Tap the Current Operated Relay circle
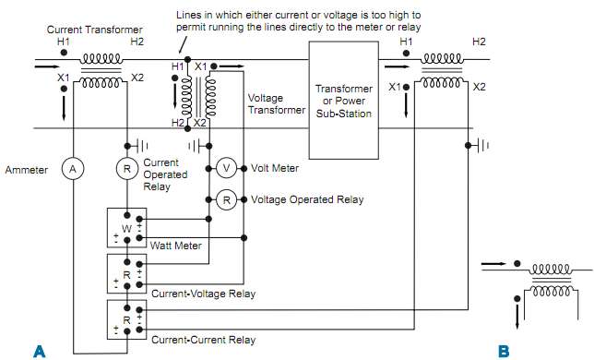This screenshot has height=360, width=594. pyautogui.click(x=127, y=170)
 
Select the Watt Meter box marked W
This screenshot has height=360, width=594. pyautogui.click(x=127, y=227)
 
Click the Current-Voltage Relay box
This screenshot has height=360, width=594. pyautogui.click(x=127, y=273)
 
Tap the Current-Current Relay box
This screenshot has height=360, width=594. pyautogui.click(x=127, y=318)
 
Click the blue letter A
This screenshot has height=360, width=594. pyautogui.click(x=39, y=350)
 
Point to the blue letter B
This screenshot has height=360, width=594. pyautogui.click(x=503, y=350)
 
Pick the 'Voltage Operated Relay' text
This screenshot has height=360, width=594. pyautogui.click(x=307, y=199)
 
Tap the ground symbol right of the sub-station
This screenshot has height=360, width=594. pyautogui.click(x=482, y=146)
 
